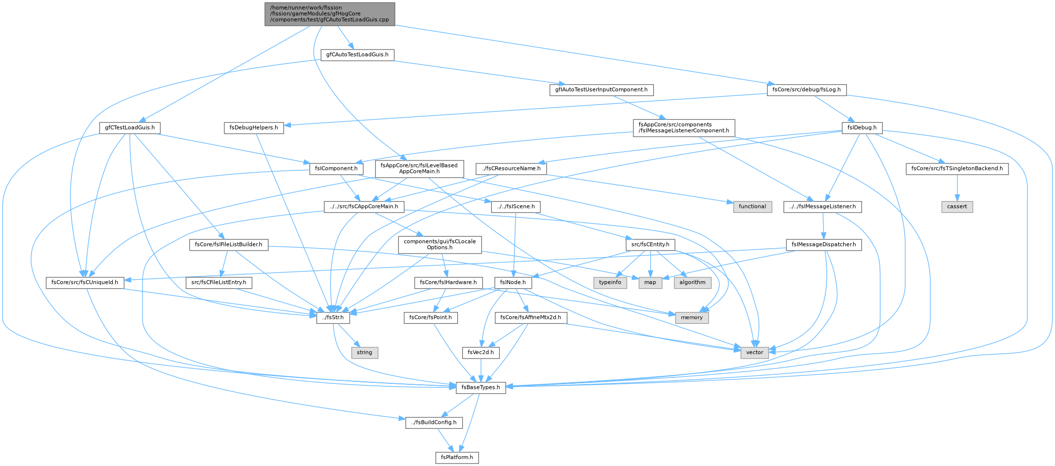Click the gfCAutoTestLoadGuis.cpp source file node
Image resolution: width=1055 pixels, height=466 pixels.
tap(330, 14)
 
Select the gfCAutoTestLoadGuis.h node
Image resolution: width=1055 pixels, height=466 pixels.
tap(357, 54)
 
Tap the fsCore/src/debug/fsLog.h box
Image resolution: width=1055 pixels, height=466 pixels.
tap(807, 90)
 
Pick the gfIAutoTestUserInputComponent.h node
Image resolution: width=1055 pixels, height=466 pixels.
tap(601, 90)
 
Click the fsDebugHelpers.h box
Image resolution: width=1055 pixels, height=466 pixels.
tap(253, 128)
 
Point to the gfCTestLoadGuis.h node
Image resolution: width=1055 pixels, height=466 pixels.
tap(130, 128)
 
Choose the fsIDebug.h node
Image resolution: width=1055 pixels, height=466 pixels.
tap(862, 128)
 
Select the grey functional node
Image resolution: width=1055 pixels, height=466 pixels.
tap(752, 207)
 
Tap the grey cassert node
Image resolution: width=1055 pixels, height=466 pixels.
tap(957, 207)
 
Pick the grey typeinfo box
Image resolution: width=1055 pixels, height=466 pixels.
tap(610, 282)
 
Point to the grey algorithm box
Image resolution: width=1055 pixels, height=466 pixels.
tap(692, 282)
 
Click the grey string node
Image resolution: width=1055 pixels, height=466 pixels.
tap(364, 353)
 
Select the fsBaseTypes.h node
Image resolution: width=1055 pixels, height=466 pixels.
tap(481, 387)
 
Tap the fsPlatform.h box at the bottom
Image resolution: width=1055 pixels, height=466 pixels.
tap(457, 457)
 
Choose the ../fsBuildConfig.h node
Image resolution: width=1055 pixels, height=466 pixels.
tap(434, 422)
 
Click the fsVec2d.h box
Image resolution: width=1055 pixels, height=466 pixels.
tap(480, 353)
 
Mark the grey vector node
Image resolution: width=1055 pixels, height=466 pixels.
tap(755, 353)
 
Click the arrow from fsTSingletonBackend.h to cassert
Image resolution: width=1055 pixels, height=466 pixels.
tap(957, 188)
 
